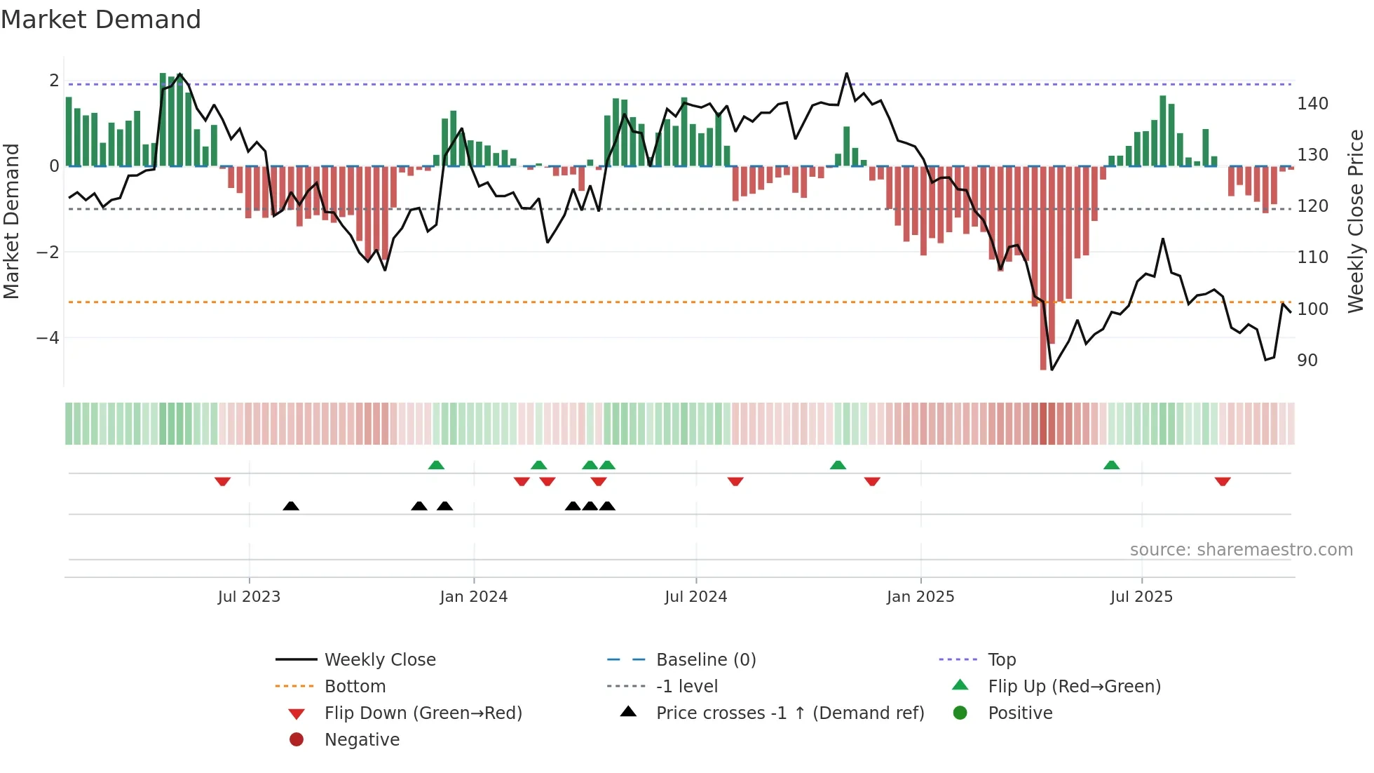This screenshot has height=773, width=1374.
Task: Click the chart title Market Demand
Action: click(x=101, y=20)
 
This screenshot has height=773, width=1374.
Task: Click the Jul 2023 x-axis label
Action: click(x=249, y=597)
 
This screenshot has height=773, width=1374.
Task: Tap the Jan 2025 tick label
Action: click(x=920, y=597)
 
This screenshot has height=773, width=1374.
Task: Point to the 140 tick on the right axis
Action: click(x=1312, y=104)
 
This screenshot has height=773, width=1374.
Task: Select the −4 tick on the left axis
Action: click(x=48, y=338)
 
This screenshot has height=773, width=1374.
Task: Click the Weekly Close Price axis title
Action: click(x=1356, y=221)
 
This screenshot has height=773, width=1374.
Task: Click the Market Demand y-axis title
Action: click(x=12, y=221)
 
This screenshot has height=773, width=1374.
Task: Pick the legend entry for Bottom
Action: click(x=355, y=687)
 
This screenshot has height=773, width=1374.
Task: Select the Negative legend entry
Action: click(x=362, y=740)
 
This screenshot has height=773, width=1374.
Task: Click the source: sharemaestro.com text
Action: click(x=1241, y=550)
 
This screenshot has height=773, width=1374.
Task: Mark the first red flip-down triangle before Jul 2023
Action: click(x=222, y=481)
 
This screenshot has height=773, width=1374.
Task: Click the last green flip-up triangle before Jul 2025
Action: click(x=1111, y=465)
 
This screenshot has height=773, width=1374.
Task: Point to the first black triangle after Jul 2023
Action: click(x=291, y=506)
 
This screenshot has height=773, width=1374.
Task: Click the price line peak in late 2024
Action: click(x=846, y=74)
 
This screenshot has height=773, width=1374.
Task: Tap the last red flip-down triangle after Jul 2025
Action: click(x=1223, y=481)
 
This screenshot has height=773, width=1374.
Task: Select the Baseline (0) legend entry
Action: click(x=705, y=660)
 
